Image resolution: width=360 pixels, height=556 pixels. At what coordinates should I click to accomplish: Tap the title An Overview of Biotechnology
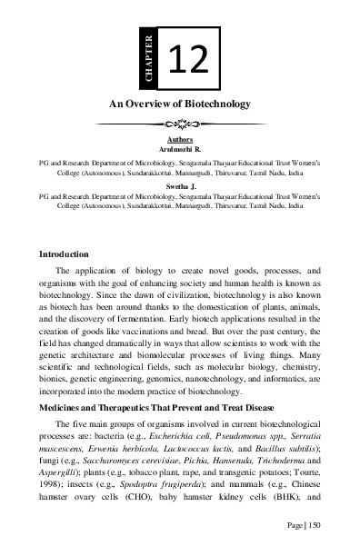coord(180,105)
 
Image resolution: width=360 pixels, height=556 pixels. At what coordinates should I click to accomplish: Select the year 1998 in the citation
coord(56,487)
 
